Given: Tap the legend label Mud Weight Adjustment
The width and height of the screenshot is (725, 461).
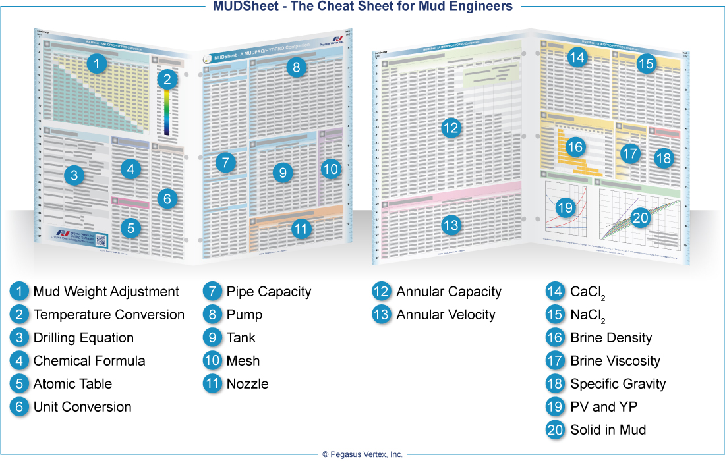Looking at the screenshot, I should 106,292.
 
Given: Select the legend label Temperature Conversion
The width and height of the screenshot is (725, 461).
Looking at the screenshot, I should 109,315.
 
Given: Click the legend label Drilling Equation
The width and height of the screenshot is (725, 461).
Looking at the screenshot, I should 84,338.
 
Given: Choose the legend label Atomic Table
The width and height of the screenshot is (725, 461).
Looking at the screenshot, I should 72,384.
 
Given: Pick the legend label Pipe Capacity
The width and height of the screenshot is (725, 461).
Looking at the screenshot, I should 268,292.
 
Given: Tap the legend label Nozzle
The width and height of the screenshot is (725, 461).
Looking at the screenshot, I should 247,384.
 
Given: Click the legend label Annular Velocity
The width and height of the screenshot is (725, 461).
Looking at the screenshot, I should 446,315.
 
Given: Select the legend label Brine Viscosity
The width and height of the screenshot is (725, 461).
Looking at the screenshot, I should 615,361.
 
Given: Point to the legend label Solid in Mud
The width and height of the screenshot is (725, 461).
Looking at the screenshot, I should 608,430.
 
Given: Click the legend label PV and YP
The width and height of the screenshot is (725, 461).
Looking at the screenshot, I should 604,407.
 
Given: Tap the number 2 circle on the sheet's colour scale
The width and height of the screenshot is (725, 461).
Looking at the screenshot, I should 167,80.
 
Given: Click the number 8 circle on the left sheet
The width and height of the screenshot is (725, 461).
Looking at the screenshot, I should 297,67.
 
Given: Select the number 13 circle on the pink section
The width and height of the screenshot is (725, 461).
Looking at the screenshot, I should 450,226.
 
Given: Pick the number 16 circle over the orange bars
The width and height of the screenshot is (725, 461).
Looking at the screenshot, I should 575,147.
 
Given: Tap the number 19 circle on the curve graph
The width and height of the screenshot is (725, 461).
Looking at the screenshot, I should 565,208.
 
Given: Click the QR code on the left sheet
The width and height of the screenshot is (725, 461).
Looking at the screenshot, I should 101,240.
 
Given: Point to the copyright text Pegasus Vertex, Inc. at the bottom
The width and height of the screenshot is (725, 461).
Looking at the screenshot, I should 362,454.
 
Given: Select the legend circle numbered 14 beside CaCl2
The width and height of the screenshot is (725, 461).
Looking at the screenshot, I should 555,292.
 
